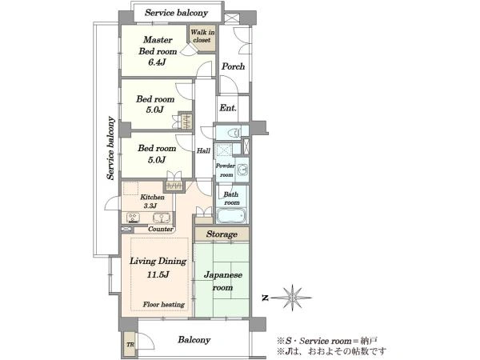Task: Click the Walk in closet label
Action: (x=202, y=36)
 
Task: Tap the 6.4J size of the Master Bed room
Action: (x=157, y=62)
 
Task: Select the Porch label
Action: (x=234, y=66)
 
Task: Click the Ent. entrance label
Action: (x=228, y=108)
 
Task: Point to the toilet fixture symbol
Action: (x=234, y=133)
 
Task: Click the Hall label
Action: (x=203, y=150)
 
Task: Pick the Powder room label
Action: (x=226, y=170)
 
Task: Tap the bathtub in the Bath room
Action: (x=231, y=216)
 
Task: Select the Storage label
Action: (x=222, y=234)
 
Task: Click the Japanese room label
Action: (x=223, y=281)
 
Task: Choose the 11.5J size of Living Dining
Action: (x=158, y=274)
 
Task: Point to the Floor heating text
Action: (x=164, y=304)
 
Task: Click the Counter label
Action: (x=161, y=229)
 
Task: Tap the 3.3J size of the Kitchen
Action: (x=150, y=206)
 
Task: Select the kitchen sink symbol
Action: (x=162, y=218)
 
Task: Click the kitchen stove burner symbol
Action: (x=134, y=218)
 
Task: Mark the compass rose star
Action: (x=292, y=298)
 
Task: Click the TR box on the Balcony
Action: (x=130, y=344)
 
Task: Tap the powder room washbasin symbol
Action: (x=242, y=169)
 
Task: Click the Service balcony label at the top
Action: (x=176, y=13)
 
